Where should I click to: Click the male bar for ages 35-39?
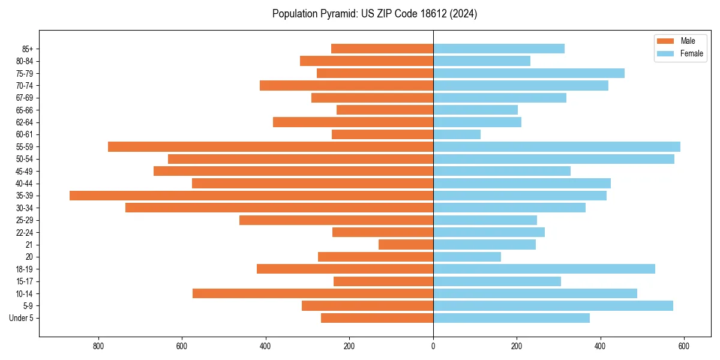click(x=251, y=196)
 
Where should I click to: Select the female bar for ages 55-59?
click(x=557, y=146)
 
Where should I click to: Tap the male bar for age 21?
click(x=406, y=245)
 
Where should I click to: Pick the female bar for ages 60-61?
click(x=457, y=134)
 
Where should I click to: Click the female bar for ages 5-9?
click(x=553, y=306)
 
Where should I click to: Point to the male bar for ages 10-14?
click(x=313, y=293)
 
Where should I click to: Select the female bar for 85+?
click(x=499, y=49)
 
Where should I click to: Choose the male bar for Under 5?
click(x=377, y=318)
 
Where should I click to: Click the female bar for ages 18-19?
click(x=544, y=269)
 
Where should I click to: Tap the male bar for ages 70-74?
click(x=346, y=85)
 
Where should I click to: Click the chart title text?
click(x=374, y=14)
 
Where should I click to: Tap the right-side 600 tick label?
click(x=684, y=347)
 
